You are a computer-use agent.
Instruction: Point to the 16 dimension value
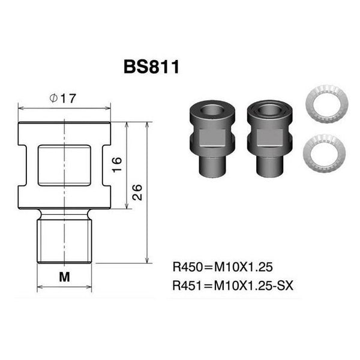click(x=118, y=164)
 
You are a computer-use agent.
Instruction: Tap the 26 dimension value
click(x=137, y=192)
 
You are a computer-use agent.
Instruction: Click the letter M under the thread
click(x=65, y=277)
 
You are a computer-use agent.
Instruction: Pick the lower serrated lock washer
click(x=324, y=154)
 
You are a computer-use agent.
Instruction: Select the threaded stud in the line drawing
click(x=65, y=240)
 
